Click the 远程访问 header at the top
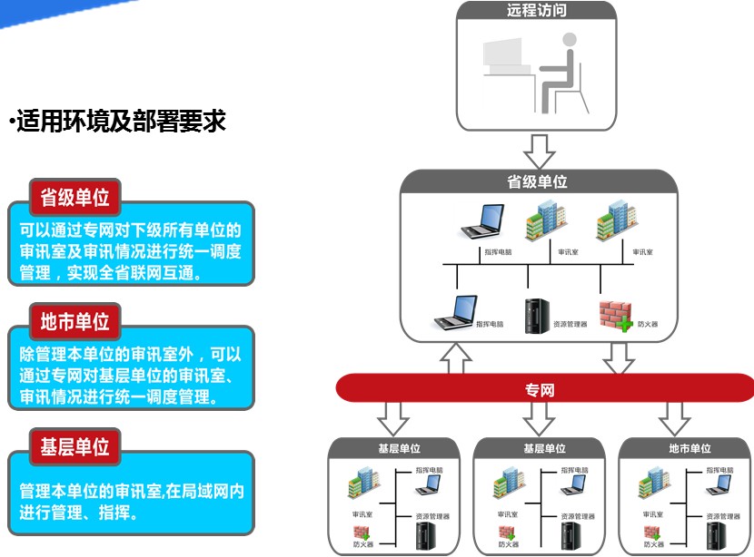pos(537,12)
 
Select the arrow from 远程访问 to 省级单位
pos(538,146)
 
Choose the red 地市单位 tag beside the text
pos(74,321)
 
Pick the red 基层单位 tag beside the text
pos(74,446)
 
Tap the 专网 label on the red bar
pos(540,391)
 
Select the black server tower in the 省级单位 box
pos(536,315)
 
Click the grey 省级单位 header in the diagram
pos(537,181)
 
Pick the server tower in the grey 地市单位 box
pos(717,534)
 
